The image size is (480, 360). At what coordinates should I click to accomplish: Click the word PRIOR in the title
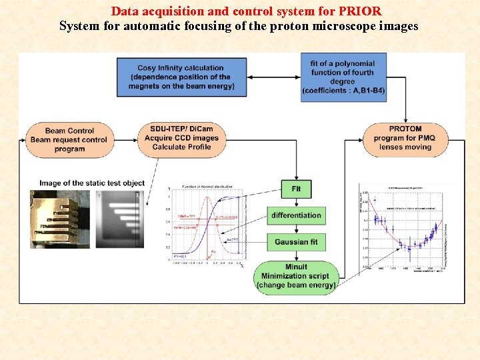(360, 11)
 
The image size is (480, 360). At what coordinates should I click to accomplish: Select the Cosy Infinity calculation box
(181, 77)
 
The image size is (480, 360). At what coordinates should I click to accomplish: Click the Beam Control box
(69, 140)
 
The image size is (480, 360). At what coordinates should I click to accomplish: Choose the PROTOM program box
(405, 138)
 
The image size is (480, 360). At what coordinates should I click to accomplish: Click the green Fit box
(296, 189)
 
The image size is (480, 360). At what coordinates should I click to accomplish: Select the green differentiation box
(296, 215)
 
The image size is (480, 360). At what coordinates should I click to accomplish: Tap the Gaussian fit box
(296, 241)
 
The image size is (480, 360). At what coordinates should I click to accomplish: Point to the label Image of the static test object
(92, 183)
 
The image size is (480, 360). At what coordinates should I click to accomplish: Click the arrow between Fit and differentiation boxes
(296, 202)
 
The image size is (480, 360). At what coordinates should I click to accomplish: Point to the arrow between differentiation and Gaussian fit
(296, 228)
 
